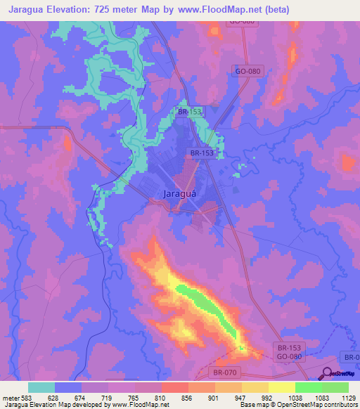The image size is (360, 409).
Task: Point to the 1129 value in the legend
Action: pos(350,398)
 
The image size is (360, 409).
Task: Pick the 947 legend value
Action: pos(241,398)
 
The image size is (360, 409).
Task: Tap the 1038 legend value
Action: pos(295,398)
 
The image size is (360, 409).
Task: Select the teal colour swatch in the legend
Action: pos(41,387)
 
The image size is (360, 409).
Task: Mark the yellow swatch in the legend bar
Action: pos(281,387)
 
